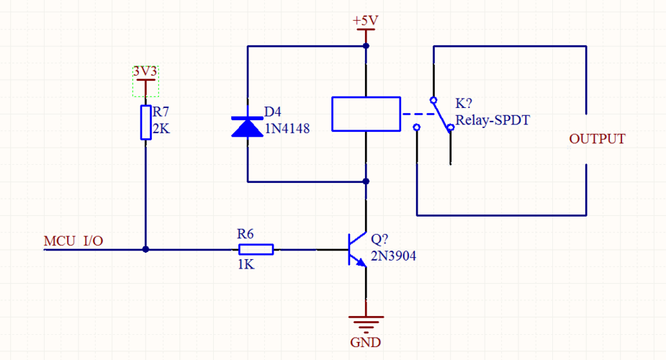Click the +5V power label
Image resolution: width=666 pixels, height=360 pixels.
click(x=365, y=20)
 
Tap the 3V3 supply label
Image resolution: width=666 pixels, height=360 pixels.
click(x=145, y=71)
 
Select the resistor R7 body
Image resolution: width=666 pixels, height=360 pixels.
click(x=145, y=122)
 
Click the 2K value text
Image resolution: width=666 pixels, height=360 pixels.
click(x=161, y=129)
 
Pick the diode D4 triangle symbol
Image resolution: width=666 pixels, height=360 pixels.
click(x=247, y=127)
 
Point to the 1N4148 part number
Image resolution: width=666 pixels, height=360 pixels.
click(x=287, y=129)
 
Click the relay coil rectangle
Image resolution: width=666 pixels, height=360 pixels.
click(x=366, y=114)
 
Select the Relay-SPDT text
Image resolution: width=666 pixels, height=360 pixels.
click(x=492, y=120)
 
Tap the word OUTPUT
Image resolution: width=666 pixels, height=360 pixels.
click(x=597, y=139)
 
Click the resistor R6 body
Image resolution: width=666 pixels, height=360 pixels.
click(x=256, y=250)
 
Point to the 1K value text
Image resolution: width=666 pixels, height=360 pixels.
click(x=246, y=264)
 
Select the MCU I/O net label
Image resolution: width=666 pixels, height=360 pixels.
click(x=73, y=241)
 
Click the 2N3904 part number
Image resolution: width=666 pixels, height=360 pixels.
click(x=393, y=256)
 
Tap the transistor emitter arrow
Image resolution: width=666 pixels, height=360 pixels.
click(x=361, y=263)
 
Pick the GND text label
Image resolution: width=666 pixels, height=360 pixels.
click(x=365, y=342)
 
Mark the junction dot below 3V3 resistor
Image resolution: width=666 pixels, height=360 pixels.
click(x=145, y=250)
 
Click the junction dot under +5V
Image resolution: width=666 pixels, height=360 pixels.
click(x=366, y=46)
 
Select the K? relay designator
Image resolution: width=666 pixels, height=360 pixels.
click(x=464, y=103)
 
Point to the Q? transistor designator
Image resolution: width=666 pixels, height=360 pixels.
click(x=379, y=239)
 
